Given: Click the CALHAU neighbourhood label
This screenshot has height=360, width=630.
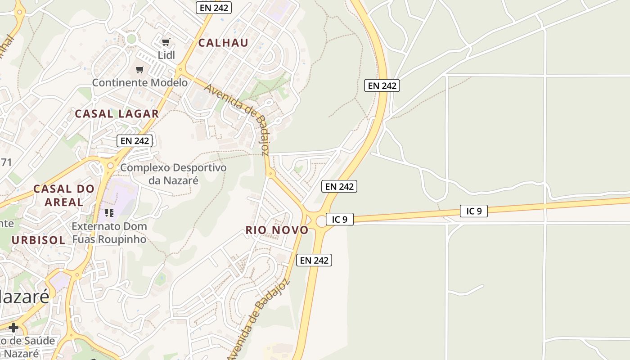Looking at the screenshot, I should (x=223, y=43).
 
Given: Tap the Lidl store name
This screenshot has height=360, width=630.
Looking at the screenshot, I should (x=166, y=55).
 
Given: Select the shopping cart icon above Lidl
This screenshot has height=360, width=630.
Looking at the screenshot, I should (x=166, y=42).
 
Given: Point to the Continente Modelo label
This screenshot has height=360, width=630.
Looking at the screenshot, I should (x=140, y=83).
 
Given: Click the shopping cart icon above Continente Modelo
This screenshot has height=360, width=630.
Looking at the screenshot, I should (x=140, y=70).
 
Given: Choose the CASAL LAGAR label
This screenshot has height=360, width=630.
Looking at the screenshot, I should (x=117, y=114).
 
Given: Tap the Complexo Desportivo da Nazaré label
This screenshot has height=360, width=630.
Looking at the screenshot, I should (x=173, y=174).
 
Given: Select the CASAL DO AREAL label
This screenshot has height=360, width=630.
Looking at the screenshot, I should (x=64, y=195).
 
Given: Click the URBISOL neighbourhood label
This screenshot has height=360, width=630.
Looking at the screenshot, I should (x=38, y=240).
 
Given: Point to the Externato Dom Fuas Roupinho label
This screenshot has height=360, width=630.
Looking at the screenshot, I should (x=109, y=232).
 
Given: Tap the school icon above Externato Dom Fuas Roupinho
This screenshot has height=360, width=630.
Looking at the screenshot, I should (x=109, y=212).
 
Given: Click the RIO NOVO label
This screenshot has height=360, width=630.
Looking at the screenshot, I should (x=277, y=230).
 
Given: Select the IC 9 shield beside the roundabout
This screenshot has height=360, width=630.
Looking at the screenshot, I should (x=340, y=219).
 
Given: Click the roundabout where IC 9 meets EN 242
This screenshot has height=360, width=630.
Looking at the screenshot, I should (x=322, y=220).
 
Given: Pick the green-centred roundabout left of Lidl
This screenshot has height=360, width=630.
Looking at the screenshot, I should (x=131, y=39).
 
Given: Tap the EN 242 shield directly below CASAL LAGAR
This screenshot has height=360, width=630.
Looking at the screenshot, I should (x=135, y=140).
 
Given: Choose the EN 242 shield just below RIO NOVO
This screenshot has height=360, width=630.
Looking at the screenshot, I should (x=314, y=260).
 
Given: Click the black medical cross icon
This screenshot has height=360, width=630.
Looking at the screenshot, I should (x=13, y=327).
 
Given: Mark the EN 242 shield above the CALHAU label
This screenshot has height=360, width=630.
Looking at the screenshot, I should (x=214, y=8).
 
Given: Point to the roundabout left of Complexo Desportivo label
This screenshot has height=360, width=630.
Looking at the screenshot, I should (x=110, y=166).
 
